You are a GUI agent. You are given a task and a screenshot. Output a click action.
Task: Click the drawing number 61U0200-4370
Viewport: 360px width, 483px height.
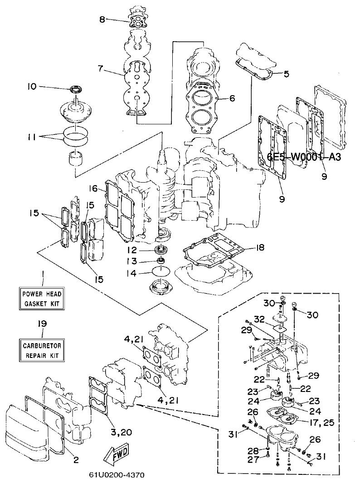[118, 476]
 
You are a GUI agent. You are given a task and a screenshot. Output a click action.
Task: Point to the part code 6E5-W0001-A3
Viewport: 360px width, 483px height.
[303, 157]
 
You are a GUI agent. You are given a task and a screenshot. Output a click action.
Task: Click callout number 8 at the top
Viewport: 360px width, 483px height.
[102, 19]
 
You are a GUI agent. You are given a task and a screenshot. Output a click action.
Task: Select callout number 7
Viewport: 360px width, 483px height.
[100, 69]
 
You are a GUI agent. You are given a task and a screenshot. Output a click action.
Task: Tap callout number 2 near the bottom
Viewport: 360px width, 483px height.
[76, 459]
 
